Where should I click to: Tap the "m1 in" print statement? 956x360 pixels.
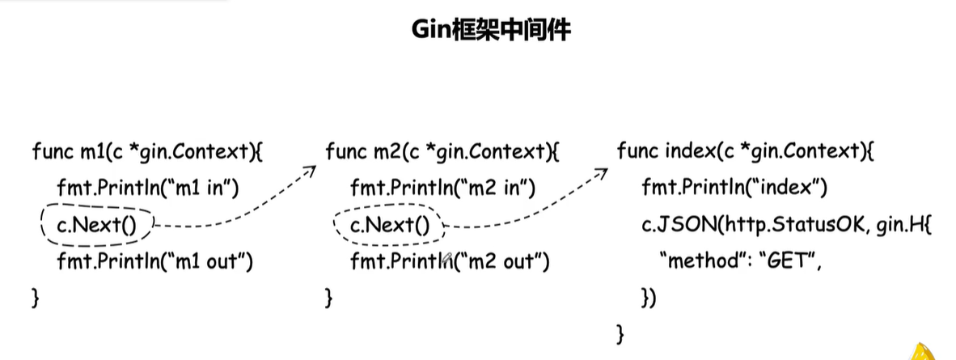tap(146, 189)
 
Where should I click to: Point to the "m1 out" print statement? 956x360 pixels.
tap(155, 261)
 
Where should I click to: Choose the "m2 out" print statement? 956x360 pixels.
tap(450, 261)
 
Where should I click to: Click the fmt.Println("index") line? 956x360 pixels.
tap(734, 189)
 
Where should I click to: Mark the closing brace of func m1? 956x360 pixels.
tap(35, 297)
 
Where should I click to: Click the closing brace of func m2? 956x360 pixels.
tap(328, 297)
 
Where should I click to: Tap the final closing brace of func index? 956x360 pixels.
tap(620, 332)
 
